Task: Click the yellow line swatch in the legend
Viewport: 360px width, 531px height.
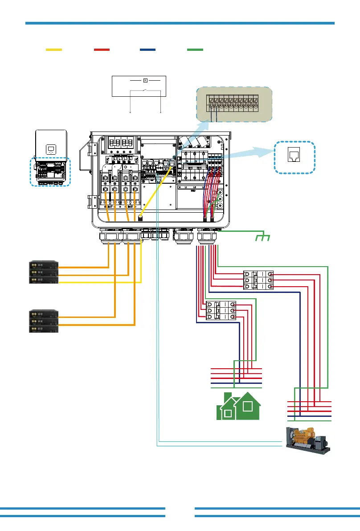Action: (x=54, y=50)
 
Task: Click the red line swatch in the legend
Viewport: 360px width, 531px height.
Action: (x=102, y=50)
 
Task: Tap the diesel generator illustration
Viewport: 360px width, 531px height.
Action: (x=308, y=440)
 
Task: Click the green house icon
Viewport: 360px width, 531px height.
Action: (x=238, y=406)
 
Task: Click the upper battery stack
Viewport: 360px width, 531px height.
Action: (x=44, y=272)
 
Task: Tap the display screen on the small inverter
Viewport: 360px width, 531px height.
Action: (x=51, y=149)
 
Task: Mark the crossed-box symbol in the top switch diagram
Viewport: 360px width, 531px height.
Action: (x=145, y=80)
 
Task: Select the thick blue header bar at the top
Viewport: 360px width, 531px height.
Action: (x=180, y=23)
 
